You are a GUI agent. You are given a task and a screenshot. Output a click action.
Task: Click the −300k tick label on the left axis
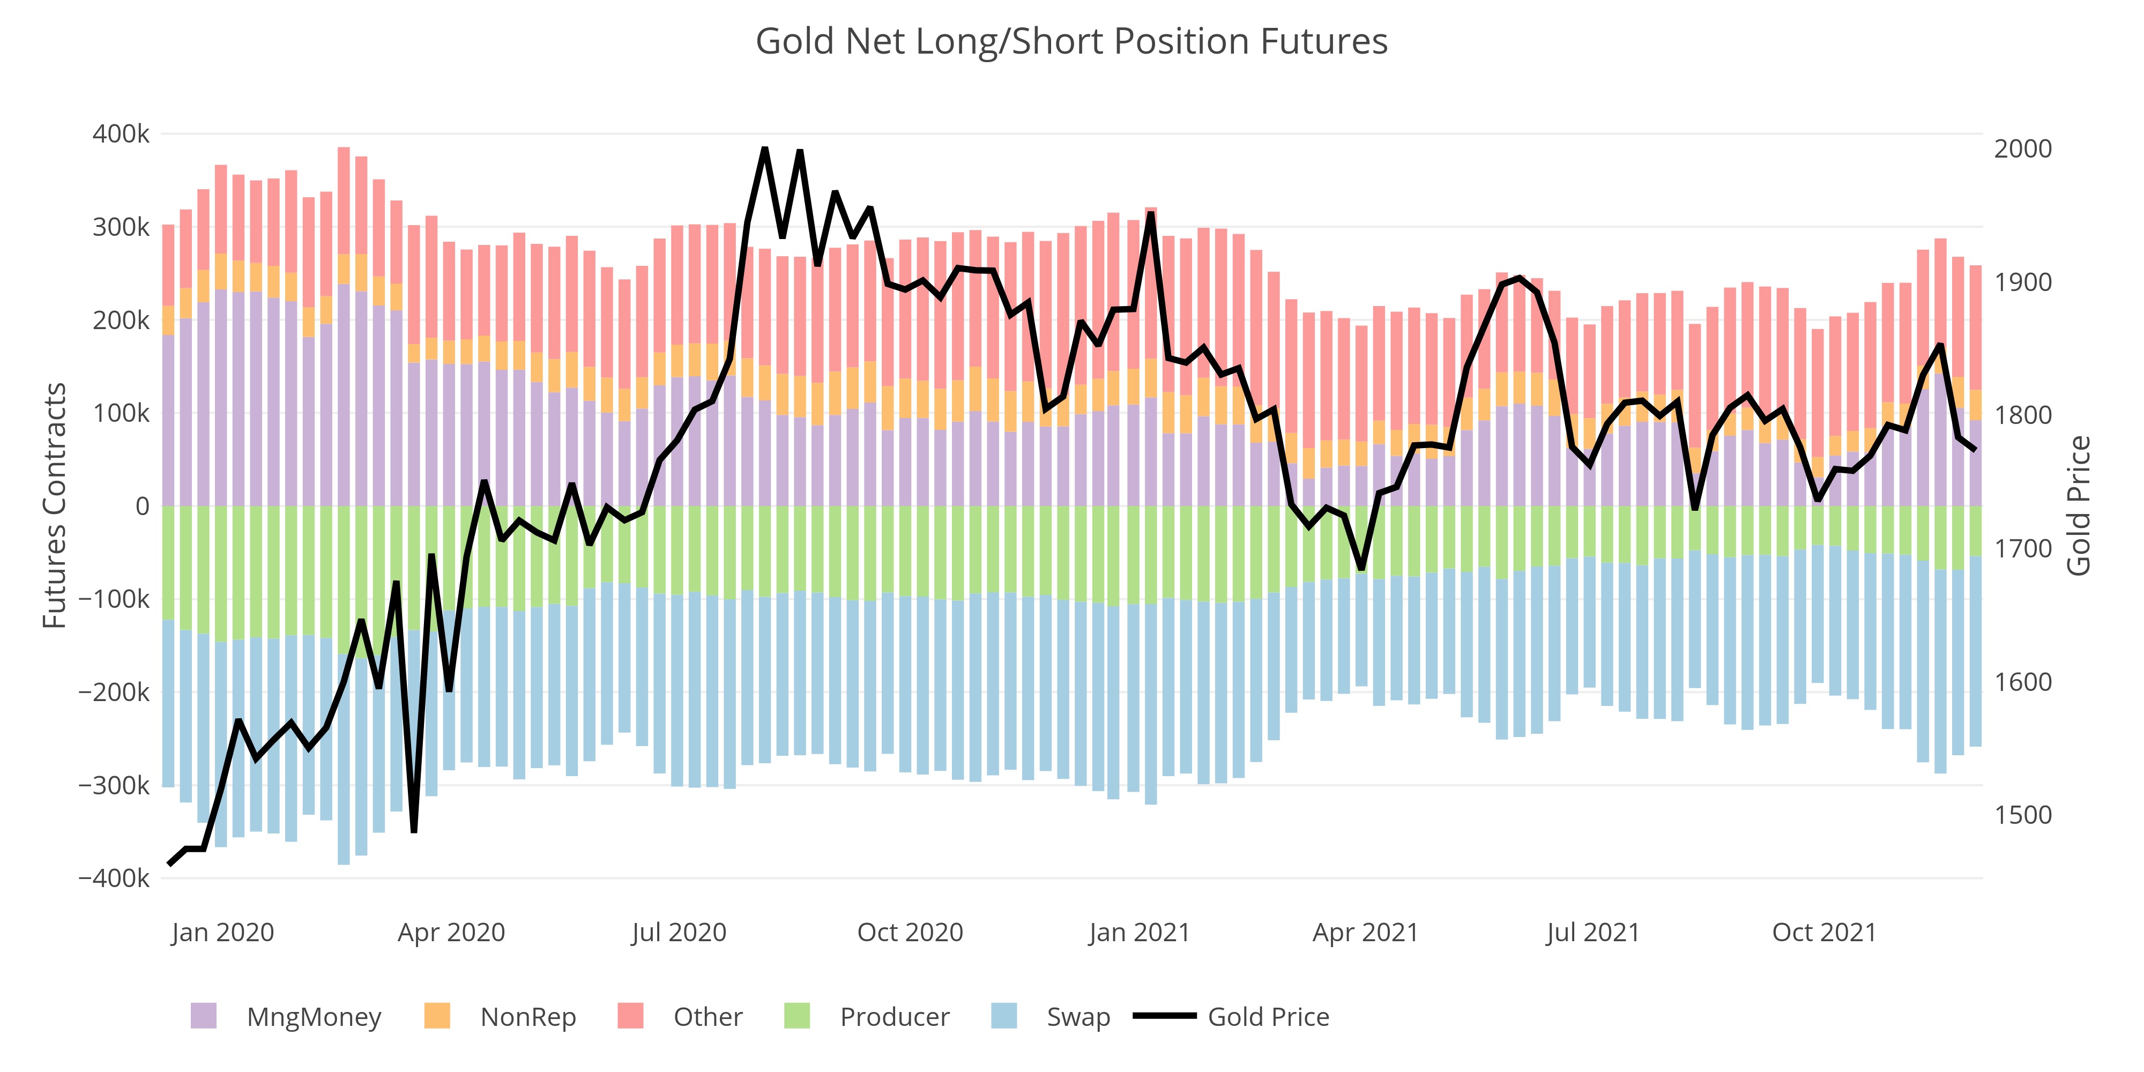point(114,785)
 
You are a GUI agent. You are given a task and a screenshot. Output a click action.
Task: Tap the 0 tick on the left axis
point(143,506)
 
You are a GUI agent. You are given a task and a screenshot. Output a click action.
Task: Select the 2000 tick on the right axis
point(2022,149)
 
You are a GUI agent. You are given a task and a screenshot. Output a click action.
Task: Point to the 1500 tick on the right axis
point(2022,815)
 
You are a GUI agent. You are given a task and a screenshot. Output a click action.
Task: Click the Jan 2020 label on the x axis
point(222,932)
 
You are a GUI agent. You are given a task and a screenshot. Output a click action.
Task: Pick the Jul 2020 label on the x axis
point(679,932)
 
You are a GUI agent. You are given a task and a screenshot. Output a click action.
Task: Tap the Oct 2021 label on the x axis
point(1825,932)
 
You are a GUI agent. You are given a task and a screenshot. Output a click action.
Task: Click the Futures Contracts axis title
point(55,505)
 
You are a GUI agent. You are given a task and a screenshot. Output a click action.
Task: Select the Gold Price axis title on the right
point(2078,505)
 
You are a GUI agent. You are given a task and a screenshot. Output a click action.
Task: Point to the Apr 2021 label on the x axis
point(1365,932)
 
